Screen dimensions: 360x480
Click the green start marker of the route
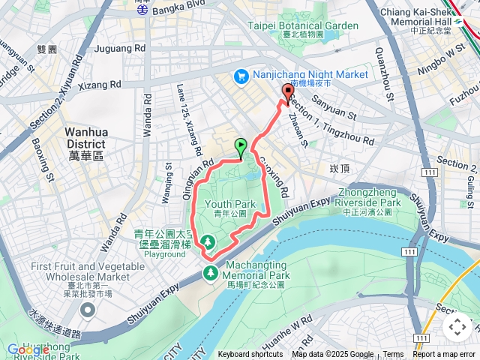[241, 148]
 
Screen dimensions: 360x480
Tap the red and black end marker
[287, 94]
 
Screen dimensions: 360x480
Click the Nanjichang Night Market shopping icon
[241, 76]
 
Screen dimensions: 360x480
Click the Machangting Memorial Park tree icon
[211, 271]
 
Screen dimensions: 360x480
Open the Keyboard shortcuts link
[250, 355]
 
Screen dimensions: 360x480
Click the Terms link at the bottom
[393, 355]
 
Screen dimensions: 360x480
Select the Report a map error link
[445, 355]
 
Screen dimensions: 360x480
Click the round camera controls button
[457, 327]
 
